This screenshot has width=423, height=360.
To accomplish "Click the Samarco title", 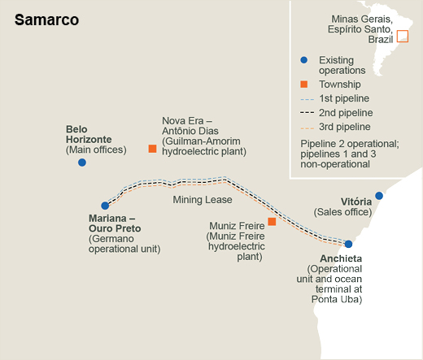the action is coord(46,20).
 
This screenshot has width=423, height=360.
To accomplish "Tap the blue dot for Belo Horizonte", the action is coord(82,163).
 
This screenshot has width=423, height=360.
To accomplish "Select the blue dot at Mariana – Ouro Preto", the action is coord(105,206).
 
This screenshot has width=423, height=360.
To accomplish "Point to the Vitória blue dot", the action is coord(379,196).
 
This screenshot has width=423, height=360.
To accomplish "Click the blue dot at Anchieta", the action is coord(348,244).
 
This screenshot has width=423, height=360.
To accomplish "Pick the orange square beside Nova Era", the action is coord(152,149).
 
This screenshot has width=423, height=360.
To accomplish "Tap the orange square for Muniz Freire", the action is coord(272,222).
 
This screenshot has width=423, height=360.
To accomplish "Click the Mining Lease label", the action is coord(203,200).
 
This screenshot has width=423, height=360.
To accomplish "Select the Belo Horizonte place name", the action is coord(89,134).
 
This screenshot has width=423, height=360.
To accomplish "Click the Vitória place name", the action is coord(356,202).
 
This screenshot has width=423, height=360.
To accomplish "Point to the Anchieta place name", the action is coord(341,258).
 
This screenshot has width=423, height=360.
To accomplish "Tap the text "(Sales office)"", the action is coord(342,212).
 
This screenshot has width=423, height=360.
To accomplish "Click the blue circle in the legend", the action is coord(304,60).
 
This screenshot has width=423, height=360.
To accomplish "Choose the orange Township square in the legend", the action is coord(304,85).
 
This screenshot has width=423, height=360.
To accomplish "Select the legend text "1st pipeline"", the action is coord(344,98).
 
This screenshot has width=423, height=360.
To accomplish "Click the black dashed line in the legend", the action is coord(307,112).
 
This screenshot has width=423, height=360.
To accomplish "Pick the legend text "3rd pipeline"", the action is coord(345,127).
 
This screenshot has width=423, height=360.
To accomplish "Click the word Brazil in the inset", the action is coord(381,40).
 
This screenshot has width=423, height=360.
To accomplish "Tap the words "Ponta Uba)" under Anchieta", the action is coord(337,299).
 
